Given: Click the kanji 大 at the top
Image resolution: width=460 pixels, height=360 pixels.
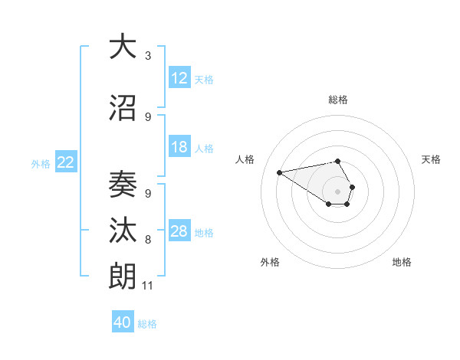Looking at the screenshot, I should pyautogui.click(x=123, y=47).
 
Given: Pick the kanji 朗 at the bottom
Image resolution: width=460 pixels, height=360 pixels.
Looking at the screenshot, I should pyautogui.click(x=123, y=277).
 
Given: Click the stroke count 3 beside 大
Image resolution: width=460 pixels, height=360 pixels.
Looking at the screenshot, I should pyautogui.click(x=148, y=56).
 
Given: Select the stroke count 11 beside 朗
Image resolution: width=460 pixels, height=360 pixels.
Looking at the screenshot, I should pyautogui.click(x=148, y=286).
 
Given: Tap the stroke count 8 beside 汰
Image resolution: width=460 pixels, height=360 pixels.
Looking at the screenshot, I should pyautogui.click(x=148, y=240).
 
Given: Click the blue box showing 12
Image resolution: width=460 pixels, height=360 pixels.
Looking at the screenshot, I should pyautogui.click(x=179, y=78).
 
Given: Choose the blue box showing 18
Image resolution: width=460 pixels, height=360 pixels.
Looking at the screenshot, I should pyautogui.click(x=179, y=147).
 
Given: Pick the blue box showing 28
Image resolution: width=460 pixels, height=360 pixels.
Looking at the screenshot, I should pyautogui.click(x=179, y=231).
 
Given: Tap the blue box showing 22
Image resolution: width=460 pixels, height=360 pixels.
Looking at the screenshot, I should pyautogui.click(x=66, y=162).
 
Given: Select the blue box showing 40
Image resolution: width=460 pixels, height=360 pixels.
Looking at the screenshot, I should pyautogui.click(x=123, y=322).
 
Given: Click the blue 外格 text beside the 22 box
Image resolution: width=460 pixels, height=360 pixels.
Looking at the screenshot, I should pyautogui.click(x=41, y=163).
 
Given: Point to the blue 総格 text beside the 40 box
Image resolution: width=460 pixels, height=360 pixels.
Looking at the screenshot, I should pyautogui.click(x=147, y=324).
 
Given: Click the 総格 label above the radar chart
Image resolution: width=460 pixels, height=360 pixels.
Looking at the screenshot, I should pyautogui.click(x=338, y=100).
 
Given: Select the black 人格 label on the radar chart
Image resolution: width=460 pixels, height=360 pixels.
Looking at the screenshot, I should pyautogui.click(x=245, y=159).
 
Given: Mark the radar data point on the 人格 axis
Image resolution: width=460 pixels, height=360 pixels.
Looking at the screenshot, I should pyautogui.click(x=280, y=172).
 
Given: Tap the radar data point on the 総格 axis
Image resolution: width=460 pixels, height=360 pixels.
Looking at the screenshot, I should pyautogui.click(x=338, y=161).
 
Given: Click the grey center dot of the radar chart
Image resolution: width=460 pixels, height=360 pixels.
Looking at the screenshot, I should pyautogui.click(x=338, y=191).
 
